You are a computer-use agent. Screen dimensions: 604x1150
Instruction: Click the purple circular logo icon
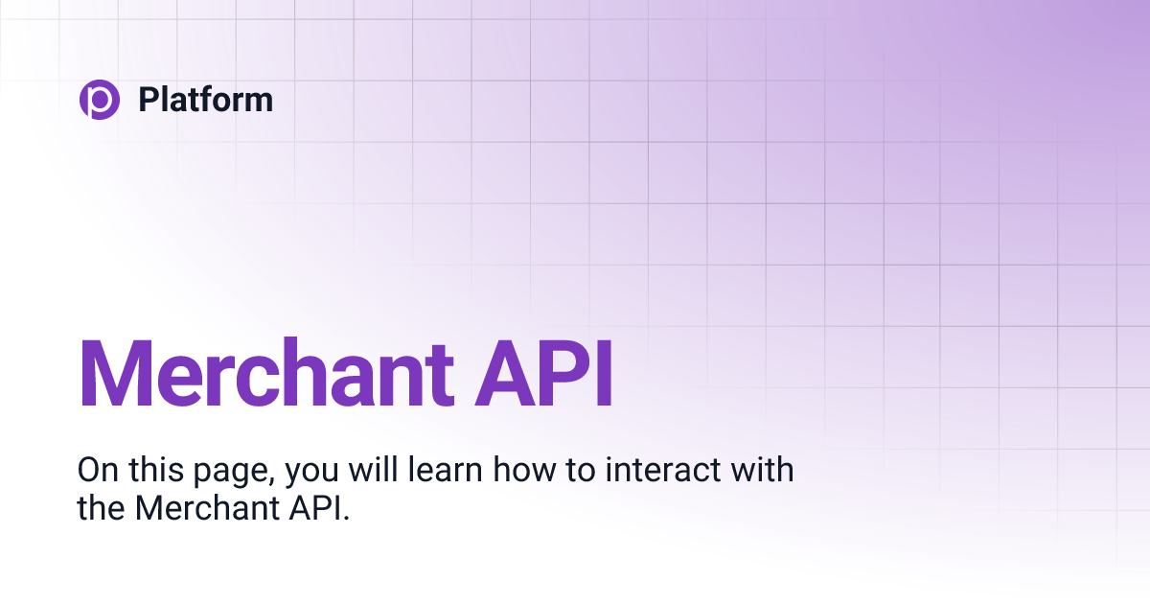(99, 100)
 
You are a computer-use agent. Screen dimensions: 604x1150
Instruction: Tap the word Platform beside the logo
(205, 100)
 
